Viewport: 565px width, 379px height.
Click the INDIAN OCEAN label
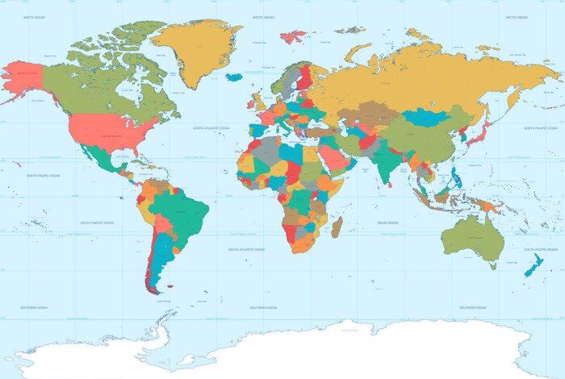[x=387, y=222]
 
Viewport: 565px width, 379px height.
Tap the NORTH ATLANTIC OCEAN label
[x=211, y=127]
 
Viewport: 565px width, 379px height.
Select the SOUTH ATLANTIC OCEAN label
[x=246, y=249]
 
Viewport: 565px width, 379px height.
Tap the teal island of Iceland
[x=234, y=77]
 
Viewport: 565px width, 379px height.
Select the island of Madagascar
[x=337, y=227]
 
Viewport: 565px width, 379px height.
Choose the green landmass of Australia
[x=472, y=234]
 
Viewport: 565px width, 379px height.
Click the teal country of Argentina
[x=161, y=258]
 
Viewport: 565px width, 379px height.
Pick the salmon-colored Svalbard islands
[x=295, y=36]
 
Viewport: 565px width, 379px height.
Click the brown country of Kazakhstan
[x=367, y=114]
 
